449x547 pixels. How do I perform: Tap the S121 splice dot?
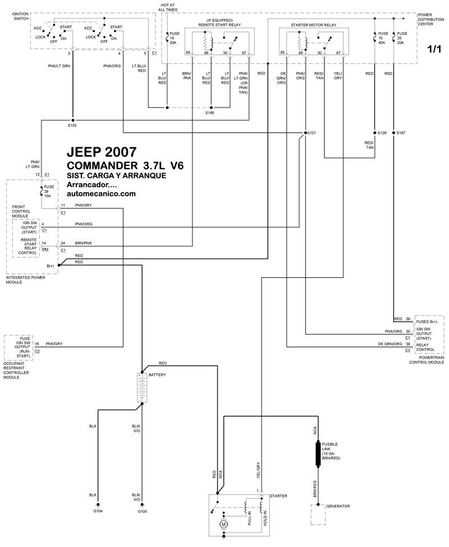[305, 133]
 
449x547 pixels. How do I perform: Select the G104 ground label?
[98, 511]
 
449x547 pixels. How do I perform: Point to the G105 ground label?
[142, 511]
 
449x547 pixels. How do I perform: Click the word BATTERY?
[157, 374]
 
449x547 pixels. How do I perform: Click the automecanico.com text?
[101, 194]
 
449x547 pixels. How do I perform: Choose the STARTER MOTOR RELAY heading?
[314, 26]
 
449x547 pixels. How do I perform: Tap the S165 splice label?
[210, 113]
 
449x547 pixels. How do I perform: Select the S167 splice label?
[400, 133]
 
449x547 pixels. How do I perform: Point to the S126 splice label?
[383, 133]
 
